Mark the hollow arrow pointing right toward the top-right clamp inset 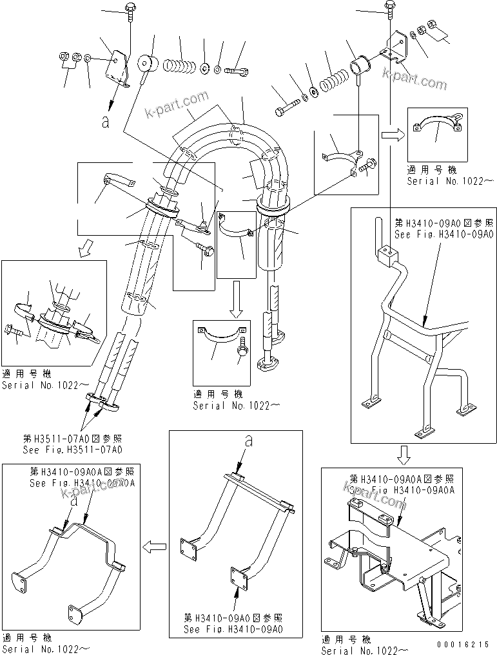click(x=390, y=135)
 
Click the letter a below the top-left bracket click(x=105, y=122)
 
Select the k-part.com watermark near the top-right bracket click(x=414, y=79)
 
